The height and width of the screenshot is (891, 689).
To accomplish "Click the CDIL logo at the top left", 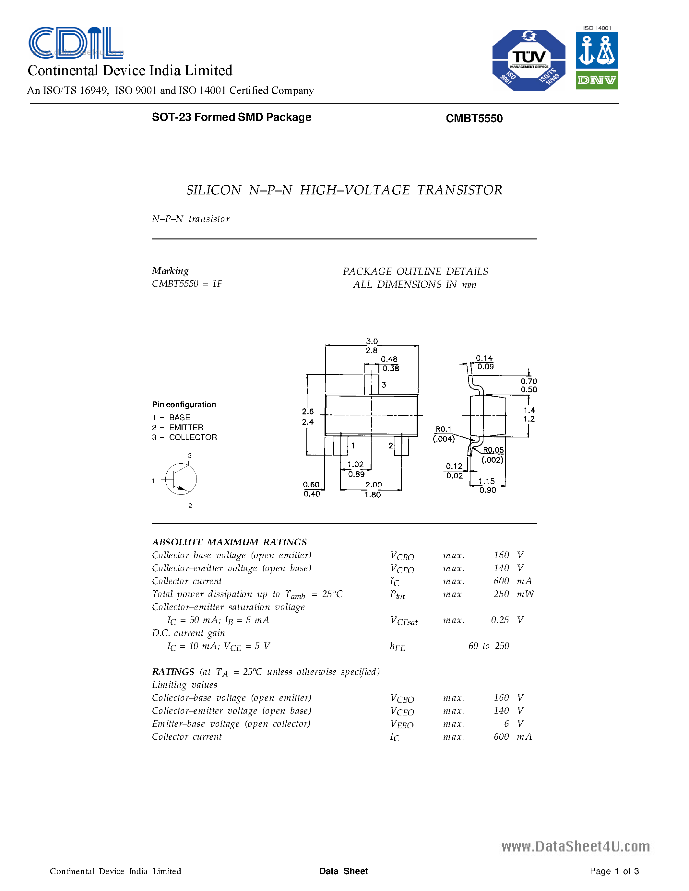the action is point(76,42).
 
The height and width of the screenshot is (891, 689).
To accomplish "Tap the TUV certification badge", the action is point(529,60).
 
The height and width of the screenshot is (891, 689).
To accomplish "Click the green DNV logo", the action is point(597,80).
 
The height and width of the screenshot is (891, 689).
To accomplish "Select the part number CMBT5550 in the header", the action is point(474,118).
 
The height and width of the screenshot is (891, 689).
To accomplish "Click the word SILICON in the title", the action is point(213,190).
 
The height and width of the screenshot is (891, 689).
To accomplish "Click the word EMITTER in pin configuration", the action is point(186,428).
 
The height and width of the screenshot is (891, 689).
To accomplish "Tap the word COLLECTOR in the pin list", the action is point(193,437).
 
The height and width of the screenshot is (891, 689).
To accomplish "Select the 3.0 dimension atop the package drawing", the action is point(372,341).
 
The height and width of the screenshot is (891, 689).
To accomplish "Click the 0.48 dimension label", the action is point(389,359).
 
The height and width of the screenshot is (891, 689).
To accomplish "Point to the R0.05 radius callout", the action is point(493,450).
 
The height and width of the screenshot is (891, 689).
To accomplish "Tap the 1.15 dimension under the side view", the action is point(487,481).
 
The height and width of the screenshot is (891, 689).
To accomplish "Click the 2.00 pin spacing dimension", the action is point(374,485).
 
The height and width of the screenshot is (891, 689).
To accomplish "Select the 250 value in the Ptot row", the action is point(501,594).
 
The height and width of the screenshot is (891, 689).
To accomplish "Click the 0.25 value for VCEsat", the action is point(500,620).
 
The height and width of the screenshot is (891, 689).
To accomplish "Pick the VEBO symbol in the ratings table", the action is point(402,724).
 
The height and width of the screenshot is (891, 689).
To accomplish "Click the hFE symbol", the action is point(397,646).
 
